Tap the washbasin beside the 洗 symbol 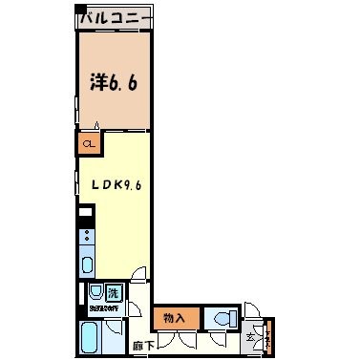coord(96,294)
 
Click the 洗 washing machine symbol coord(114,292)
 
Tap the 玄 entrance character coord(253,335)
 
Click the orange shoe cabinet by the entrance coord(268,335)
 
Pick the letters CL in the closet coord(89,145)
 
